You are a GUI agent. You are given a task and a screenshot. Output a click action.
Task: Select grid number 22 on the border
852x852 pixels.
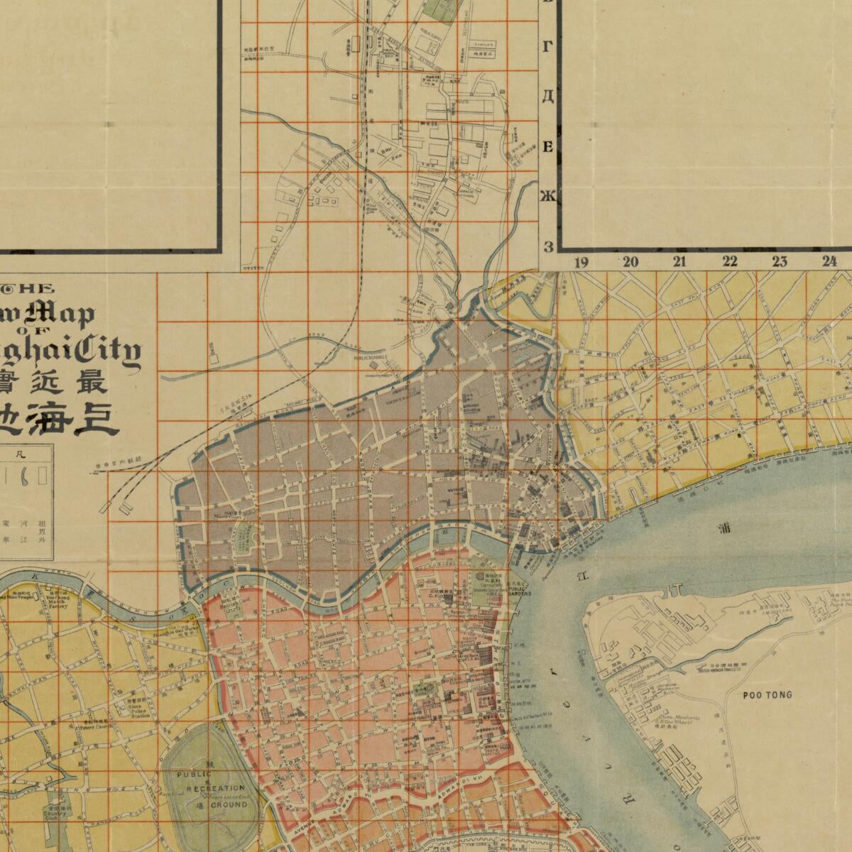coord(730,261)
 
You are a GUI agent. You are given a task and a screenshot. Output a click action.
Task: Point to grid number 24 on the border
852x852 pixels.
coord(829,261)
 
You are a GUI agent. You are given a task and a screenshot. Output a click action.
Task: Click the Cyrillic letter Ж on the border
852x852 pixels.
coord(547,196)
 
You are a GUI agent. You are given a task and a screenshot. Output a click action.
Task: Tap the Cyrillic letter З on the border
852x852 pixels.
coord(547,246)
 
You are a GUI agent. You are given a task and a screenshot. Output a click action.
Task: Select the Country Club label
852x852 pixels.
coord(51,814)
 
